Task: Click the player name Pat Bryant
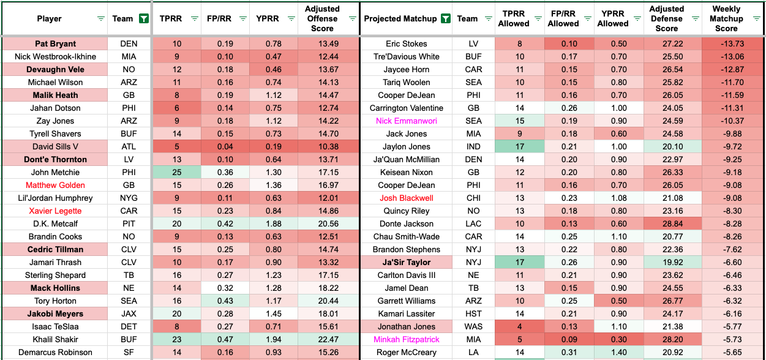point(55,44)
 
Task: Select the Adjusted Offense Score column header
point(322,19)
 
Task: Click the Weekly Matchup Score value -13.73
point(726,44)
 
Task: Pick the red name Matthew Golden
point(55,186)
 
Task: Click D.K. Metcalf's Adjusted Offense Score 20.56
point(322,224)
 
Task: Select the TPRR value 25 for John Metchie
point(177,173)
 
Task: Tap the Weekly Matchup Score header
point(726,19)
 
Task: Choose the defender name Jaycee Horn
point(406,70)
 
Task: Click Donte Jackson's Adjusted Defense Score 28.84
point(667,224)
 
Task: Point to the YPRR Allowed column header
point(613,19)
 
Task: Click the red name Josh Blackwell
point(406,198)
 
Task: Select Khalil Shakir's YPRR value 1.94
point(274,340)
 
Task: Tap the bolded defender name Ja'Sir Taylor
point(406,263)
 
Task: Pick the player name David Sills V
point(55,147)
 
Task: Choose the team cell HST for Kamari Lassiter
point(473,314)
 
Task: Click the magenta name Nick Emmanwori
point(406,121)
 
